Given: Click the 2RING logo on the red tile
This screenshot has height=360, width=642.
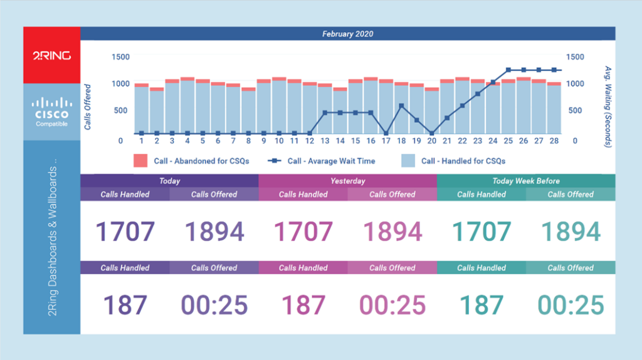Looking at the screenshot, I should pyautogui.click(x=52, y=56).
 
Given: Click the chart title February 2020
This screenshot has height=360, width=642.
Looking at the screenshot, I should pyautogui.click(x=347, y=33).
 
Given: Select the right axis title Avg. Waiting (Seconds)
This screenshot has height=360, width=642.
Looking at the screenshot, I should pyautogui.click(x=607, y=107).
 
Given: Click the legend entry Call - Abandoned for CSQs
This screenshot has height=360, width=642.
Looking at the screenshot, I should pyautogui.click(x=191, y=161).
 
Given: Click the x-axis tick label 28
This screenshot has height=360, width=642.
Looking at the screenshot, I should pyautogui.click(x=554, y=141).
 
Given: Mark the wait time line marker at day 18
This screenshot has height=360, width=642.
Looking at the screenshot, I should pyautogui.click(x=401, y=106).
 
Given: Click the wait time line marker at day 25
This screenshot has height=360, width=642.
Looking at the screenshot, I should pyautogui.click(x=508, y=70).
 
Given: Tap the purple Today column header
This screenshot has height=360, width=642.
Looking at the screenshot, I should pyautogui.click(x=169, y=181).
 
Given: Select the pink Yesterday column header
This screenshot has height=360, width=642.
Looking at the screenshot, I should pyautogui.click(x=347, y=181).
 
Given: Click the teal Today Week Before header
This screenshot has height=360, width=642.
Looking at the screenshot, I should pyautogui.click(x=525, y=181).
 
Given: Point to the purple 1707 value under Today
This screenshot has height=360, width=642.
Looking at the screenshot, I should pyautogui.click(x=125, y=231).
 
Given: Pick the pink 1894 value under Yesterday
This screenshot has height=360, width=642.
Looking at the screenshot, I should pyautogui.click(x=392, y=231).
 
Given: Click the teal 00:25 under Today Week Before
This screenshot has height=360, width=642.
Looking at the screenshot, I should pyautogui.click(x=571, y=305).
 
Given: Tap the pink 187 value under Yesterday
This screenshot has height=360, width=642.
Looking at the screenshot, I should pyautogui.click(x=303, y=305).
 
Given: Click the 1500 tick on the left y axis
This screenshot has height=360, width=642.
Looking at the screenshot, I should pyautogui.click(x=120, y=57).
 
